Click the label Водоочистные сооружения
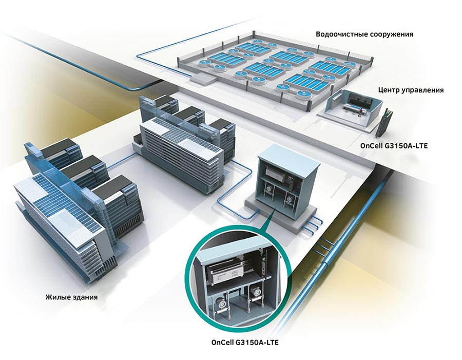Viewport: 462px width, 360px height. pyautogui.click(x=364, y=34)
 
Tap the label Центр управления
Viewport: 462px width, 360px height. pyautogui.click(x=410, y=90)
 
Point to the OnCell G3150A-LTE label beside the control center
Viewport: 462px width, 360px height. pyautogui.click(x=394, y=146)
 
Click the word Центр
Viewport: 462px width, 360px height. pyautogui.click(x=390, y=90)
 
